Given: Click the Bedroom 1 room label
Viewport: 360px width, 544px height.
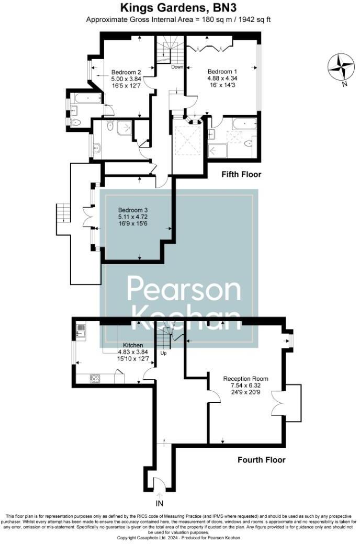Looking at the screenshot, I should pos(222,72).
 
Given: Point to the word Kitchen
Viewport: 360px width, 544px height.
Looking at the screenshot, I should pos(133,345).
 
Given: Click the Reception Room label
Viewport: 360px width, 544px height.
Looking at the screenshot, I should pos(245,379).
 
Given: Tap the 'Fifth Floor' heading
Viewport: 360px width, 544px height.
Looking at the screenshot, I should pos(241,174).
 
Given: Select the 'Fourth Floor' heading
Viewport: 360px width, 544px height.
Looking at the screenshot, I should pos(262,460).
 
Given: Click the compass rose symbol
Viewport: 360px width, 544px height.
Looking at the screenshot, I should pos(341,66).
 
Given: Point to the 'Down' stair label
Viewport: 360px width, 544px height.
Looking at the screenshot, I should pos(177,67).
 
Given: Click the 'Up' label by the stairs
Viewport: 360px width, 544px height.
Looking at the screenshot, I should pos(163,353).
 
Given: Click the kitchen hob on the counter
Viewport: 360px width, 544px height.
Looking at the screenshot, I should pos(96,378).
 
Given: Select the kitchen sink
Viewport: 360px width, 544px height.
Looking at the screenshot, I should pos(81,330).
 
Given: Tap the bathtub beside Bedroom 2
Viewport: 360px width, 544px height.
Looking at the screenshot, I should pos(87,98).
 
